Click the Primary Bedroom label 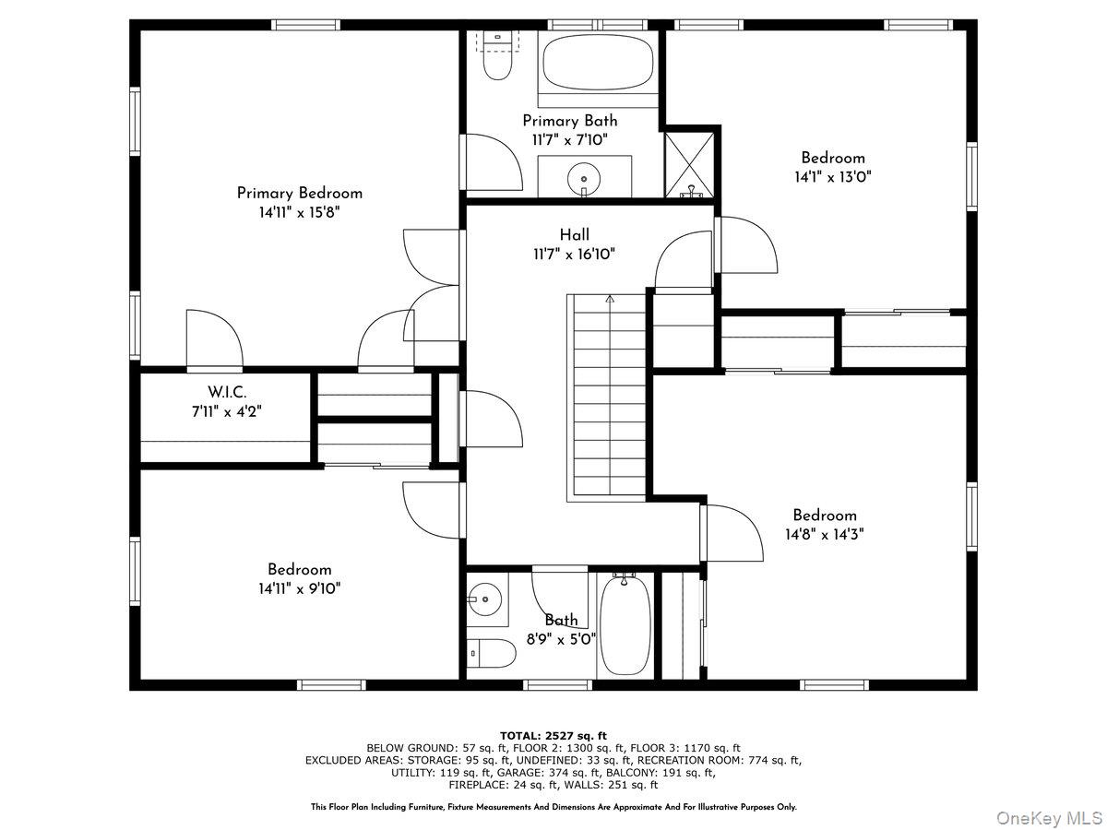[300, 193]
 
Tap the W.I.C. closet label [227, 392]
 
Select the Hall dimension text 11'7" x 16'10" [575, 254]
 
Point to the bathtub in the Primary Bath [598, 64]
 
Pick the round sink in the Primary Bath [584, 179]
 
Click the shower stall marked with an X [689, 165]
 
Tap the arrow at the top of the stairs [611, 299]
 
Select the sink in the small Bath [485, 599]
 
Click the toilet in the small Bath [491, 654]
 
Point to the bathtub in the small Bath [625, 625]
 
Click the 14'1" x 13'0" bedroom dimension [833, 177]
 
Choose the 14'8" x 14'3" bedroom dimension [825, 534]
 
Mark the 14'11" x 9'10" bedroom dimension [300, 588]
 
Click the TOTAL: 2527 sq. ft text [553, 736]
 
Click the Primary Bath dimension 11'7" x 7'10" [570, 140]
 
